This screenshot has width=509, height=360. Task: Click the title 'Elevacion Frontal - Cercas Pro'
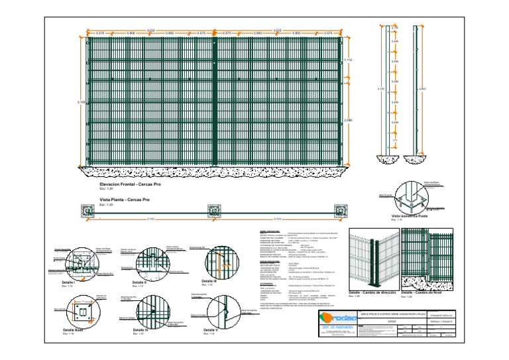[130, 184]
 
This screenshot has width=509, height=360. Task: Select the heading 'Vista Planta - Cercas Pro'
[125, 199]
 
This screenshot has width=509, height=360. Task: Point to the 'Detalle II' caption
[141, 282]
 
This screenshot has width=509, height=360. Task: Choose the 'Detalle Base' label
[73, 330]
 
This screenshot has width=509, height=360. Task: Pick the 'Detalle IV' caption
[141, 330]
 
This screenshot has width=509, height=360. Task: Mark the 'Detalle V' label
[211, 330]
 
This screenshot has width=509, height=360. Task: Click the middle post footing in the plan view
[215, 211]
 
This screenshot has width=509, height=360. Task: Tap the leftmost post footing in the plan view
[88, 211]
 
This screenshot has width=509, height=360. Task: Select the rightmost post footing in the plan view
[342, 211]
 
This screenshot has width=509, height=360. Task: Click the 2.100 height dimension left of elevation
[81, 102]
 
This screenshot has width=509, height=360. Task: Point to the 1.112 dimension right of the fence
[349, 60]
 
